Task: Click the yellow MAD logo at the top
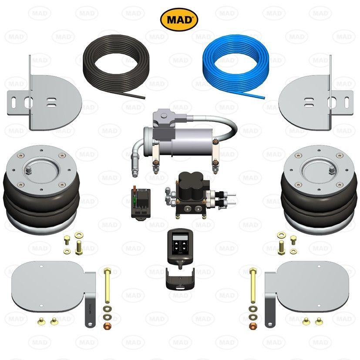pyautogui.click(x=179, y=20)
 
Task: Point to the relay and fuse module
pyautogui.click(x=141, y=203)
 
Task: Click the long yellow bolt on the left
pyautogui.click(x=107, y=286)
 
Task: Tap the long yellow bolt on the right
pyautogui.click(x=253, y=286)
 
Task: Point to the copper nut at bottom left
pyautogui.click(x=106, y=325)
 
